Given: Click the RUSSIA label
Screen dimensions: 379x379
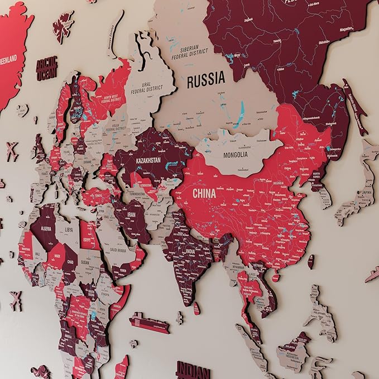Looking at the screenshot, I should point(206,80).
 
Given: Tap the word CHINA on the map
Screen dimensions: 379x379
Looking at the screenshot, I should point(204,193).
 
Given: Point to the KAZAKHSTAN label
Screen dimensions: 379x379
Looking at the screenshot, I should point(148,160).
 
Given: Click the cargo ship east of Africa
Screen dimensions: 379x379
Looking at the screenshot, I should point(148,323).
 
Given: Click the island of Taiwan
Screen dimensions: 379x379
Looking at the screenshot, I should point(310,261).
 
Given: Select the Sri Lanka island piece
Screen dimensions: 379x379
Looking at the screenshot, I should point(197,308).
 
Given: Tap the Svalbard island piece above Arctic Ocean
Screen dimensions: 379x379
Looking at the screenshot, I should point(63,26).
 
